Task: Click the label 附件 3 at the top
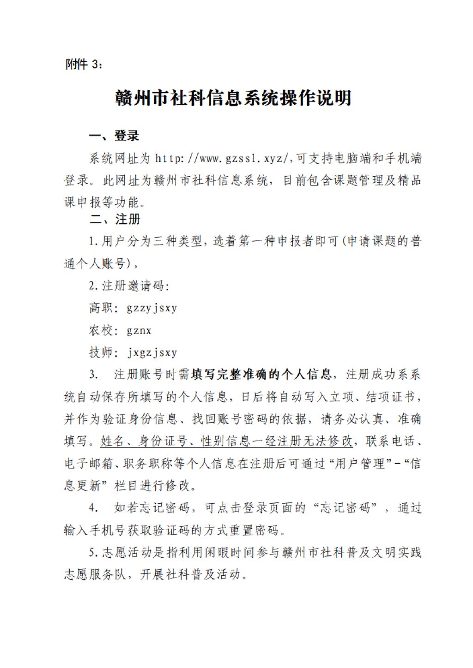83,65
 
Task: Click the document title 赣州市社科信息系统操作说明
233,98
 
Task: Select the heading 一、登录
114,136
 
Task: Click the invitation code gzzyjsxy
152,308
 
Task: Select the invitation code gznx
139,330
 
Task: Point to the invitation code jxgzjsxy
152,353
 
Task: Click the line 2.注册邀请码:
129,286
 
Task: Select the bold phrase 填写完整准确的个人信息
261,374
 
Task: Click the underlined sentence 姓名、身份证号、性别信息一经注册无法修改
227,441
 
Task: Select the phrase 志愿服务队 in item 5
95,575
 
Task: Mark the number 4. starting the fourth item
93,508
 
